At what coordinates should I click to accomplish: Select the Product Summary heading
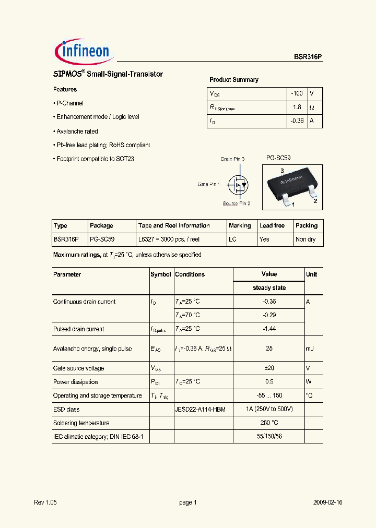click(x=233, y=80)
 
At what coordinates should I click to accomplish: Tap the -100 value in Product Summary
click(x=297, y=93)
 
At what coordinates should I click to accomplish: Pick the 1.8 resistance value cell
click(x=297, y=107)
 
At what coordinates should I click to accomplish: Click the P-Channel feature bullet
click(x=69, y=103)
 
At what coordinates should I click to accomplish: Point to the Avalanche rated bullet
click(x=77, y=131)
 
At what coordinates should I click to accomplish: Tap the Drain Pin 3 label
click(x=232, y=159)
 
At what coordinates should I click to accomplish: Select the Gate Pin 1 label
click(x=208, y=184)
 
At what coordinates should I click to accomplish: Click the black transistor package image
click(x=291, y=186)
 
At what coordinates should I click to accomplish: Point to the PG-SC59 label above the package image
click(x=278, y=158)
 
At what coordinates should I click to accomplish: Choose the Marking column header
click(x=240, y=225)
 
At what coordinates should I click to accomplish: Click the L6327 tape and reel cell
click(x=169, y=239)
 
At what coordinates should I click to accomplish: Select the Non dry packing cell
click(x=305, y=239)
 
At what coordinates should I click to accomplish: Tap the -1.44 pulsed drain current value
click(x=269, y=329)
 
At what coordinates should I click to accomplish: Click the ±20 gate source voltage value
click(x=269, y=368)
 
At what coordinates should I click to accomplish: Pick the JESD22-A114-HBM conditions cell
click(x=200, y=410)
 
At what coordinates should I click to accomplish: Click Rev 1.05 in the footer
click(x=45, y=502)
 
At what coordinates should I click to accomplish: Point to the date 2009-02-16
click(x=327, y=502)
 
